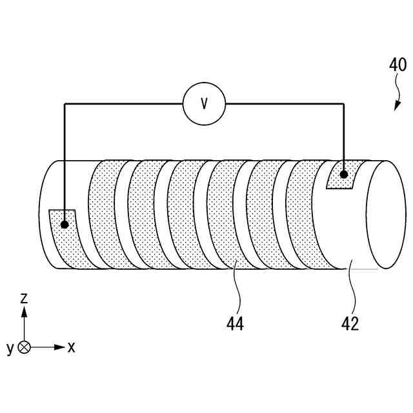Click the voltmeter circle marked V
tap(204, 103)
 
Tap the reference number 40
tap(398, 65)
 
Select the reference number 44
tap(235, 323)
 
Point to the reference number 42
tap(350, 323)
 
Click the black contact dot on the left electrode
tap(65, 225)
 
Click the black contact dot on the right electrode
tap(344, 174)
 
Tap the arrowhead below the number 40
tap(396, 106)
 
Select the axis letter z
tap(24, 297)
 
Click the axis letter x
tap(71, 347)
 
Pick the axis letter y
tap(10, 349)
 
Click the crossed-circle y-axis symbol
tap(24, 347)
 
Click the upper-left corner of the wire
tap(65, 103)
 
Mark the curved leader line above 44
tap(238, 287)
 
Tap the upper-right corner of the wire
tap(344, 103)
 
